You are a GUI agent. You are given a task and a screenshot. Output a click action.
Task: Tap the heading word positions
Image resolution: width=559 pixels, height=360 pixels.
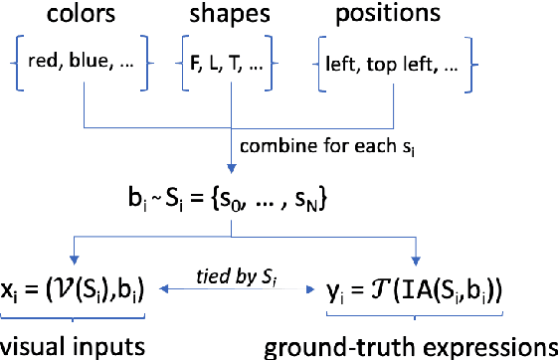pyautogui.click(x=386, y=17)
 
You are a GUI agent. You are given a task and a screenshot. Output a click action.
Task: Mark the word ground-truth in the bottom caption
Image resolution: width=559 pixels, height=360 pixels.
pyautogui.click(x=327, y=346)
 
